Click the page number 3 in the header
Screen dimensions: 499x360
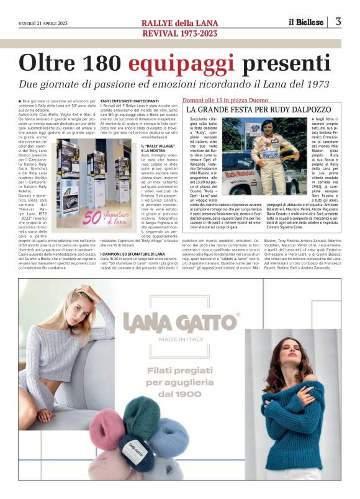pos(338,22)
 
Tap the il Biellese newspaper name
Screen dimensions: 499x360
pos(305,22)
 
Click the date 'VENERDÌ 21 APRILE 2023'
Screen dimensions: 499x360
pos(42,24)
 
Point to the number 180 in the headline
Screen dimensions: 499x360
pos(101,63)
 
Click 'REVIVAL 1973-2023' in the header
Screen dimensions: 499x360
pos(179,33)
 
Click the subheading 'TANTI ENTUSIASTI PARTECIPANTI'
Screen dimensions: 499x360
pos(129,101)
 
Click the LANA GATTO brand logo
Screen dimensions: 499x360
pos(180,323)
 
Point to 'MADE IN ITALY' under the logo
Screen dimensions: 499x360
pos(180,339)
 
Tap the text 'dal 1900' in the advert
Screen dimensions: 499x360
pos(180,394)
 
